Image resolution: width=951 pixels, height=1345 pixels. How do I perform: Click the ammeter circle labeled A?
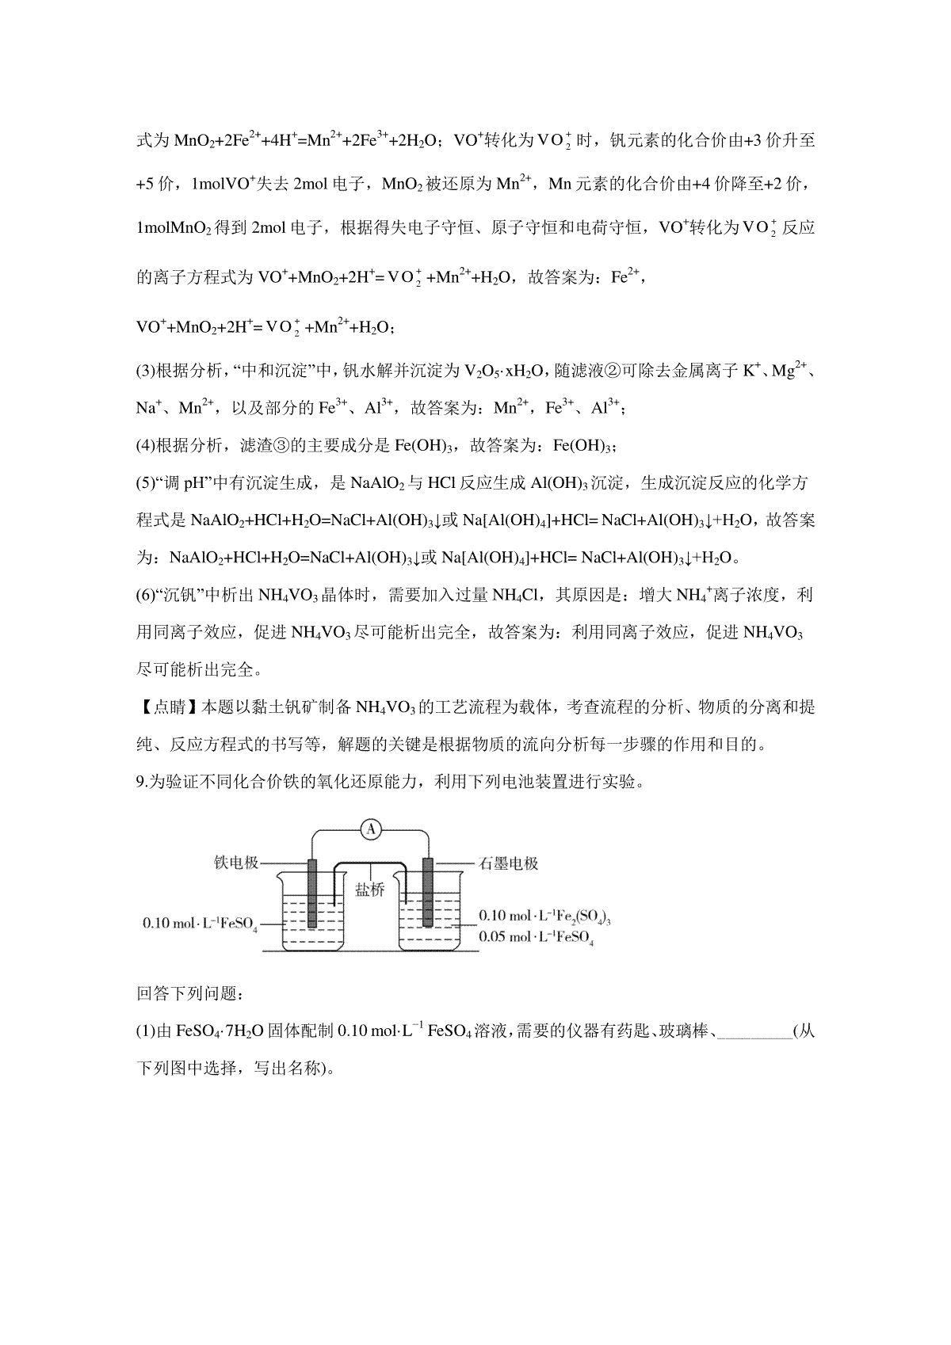tap(370, 829)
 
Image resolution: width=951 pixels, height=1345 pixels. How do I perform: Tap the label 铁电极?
tap(236, 863)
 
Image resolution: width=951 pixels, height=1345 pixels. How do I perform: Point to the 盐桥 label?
tap(369, 890)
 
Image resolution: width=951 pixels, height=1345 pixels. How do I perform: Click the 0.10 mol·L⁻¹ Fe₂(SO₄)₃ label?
tap(544, 916)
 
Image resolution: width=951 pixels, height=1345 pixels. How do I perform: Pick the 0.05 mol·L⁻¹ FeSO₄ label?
tap(536, 938)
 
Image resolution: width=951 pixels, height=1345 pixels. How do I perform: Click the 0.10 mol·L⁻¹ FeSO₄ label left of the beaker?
tap(200, 924)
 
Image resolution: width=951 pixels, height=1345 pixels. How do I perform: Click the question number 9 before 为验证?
tap(140, 783)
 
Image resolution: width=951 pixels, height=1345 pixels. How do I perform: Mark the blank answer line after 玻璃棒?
tap(758, 1031)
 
